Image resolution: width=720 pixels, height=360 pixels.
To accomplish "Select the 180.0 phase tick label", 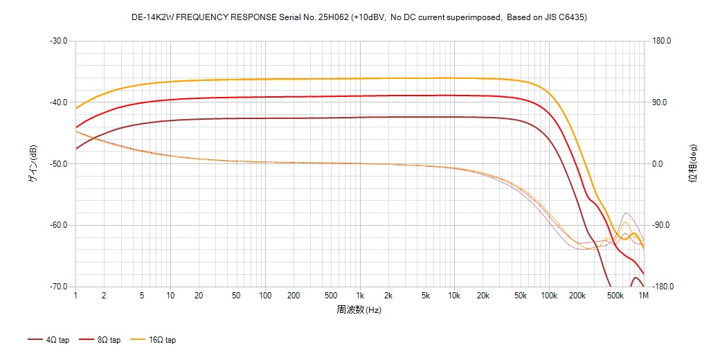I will point(662,41).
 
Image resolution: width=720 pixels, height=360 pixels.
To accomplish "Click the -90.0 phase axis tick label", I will point(662,225).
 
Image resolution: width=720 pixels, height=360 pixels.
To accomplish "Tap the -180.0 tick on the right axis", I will point(663,287).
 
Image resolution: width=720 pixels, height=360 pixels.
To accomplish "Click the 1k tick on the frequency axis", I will point(359,296).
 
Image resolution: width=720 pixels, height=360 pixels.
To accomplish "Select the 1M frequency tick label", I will point(643,296).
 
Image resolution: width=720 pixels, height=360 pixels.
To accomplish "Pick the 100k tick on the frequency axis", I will point(549,296).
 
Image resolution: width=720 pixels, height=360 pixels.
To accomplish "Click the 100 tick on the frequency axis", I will point(265,296).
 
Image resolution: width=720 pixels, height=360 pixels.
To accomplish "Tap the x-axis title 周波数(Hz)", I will point(359,310).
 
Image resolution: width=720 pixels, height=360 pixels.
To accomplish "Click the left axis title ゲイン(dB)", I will point(33,164).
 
